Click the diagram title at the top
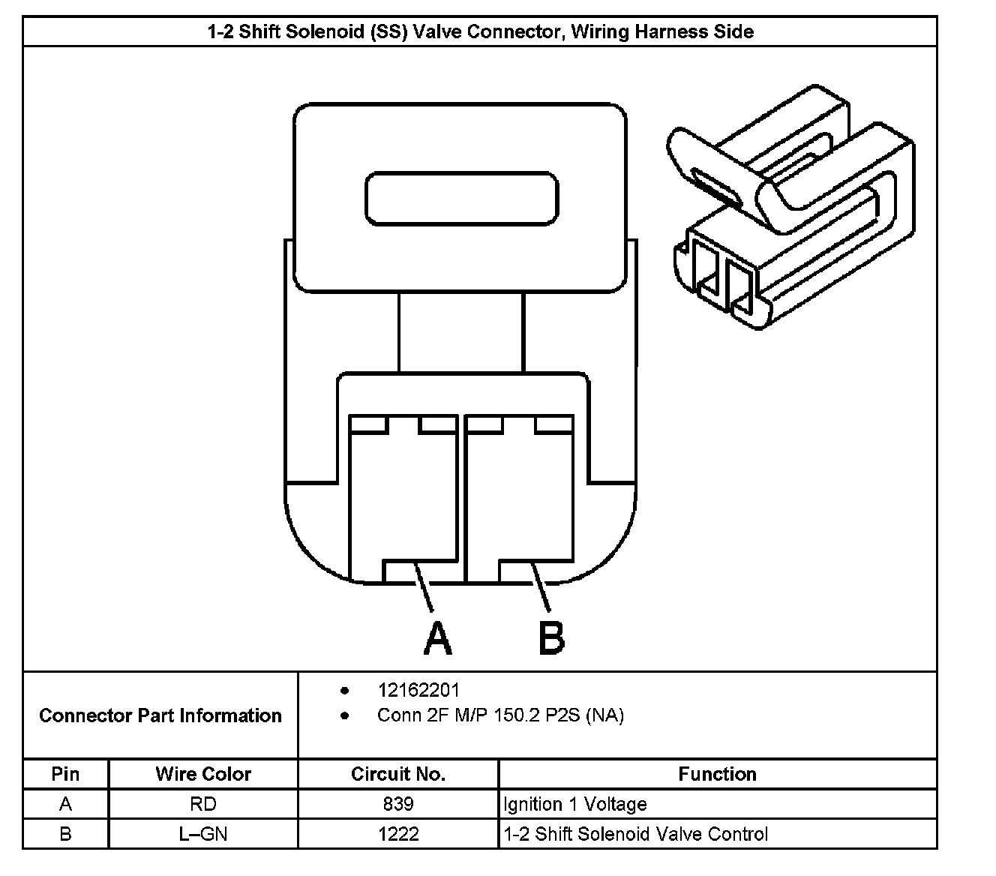(x=480, y=32)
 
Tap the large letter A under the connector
(x=437, y=638)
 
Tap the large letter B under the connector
(x=552, y=638)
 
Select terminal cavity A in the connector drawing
(x=403, y=499)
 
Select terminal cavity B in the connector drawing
(x=519, y=499)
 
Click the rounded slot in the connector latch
(x=461, y=199)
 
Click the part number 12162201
(x=418, y=690)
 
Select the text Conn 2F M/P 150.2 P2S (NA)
(x=500, y=715)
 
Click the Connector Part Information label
(x=160, y=715)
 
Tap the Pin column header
(x=65, y=774)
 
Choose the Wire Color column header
(x=203, y=774)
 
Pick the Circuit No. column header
(x=398, y=774)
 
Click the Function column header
(x=717, y=774)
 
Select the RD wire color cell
(x=203, y=804)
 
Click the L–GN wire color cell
(x=203, y=834)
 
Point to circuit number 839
(x=398, y=804)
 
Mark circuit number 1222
(x=398, y=834)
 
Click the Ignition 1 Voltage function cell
(x=575, y=804)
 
